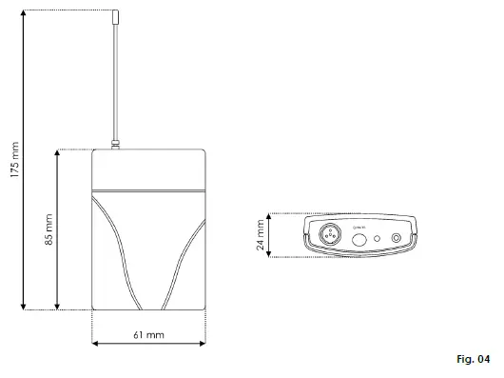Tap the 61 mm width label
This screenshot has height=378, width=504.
[149, 334]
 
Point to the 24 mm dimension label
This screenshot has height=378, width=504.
[261, 235]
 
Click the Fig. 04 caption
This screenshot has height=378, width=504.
[472, 360]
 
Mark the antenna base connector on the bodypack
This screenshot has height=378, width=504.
[114, 146]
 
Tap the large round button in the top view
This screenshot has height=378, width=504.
[360, 239]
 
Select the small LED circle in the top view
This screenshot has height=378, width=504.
[378, 238]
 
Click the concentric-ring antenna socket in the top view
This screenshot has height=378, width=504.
[397, 238]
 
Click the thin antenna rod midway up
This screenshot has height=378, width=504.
[114, 81]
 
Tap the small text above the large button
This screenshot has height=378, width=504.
[359, 227]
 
